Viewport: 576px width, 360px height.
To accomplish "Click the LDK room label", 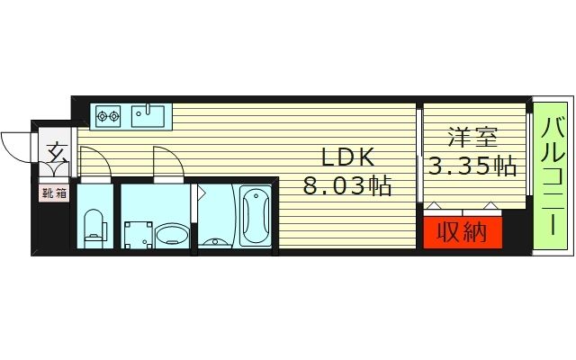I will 342,157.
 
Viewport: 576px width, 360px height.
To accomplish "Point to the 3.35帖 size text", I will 472,166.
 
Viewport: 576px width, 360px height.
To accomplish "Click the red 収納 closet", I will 463,232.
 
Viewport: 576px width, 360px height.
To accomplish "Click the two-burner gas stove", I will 109,115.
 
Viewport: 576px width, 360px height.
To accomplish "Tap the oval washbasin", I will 172,236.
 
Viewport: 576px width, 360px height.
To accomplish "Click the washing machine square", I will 138,235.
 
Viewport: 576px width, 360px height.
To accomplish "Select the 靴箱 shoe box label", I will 52,193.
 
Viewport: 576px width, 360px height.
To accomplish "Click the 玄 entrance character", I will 57,152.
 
